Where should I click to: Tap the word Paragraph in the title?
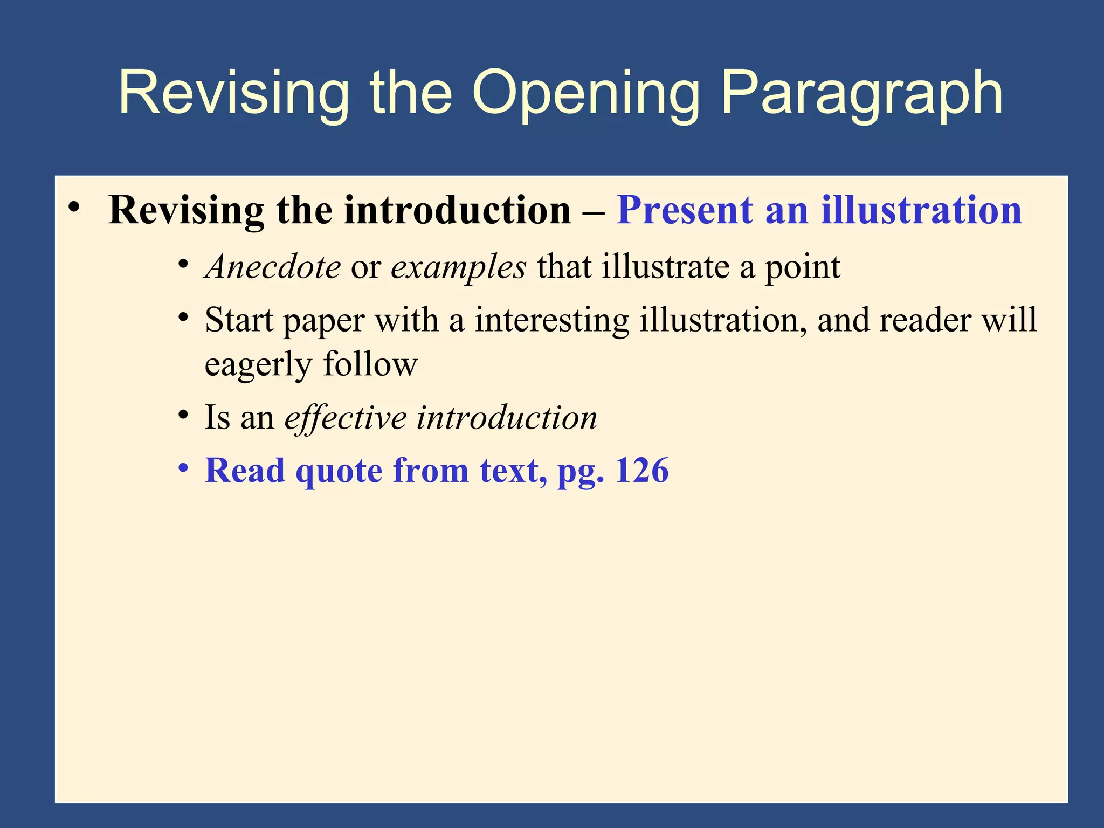(861, 93)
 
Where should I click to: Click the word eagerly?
(258, 365)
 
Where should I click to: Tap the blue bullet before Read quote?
(184, 468)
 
